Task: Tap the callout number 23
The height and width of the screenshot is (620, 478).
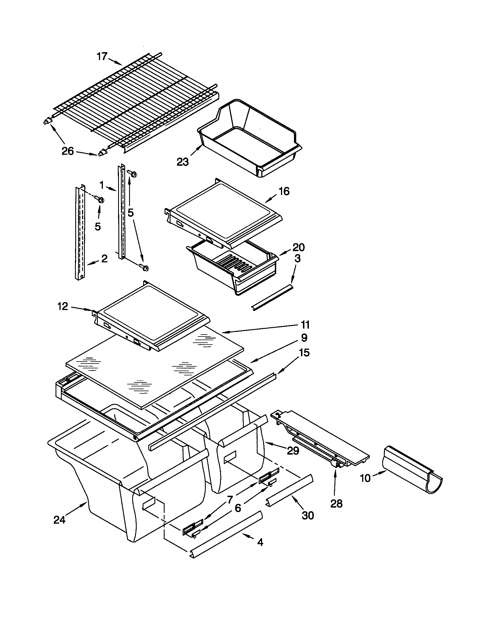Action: [183, 162]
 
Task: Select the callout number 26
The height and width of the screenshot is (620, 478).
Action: [68, 151]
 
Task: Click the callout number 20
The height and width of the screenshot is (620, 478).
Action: [298, 247]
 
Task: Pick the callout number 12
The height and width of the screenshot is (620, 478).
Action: [63, 306]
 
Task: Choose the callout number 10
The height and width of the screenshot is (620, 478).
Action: [365, 478]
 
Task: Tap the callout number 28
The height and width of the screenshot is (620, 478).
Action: [336, 504]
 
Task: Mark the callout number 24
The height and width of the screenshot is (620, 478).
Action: [59, 520]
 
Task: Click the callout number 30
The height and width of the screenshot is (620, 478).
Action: [308, 515]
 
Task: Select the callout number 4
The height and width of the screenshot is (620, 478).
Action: [260, 542]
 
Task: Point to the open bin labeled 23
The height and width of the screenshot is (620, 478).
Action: [250, 139]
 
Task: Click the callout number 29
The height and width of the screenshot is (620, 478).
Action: [293, 451]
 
